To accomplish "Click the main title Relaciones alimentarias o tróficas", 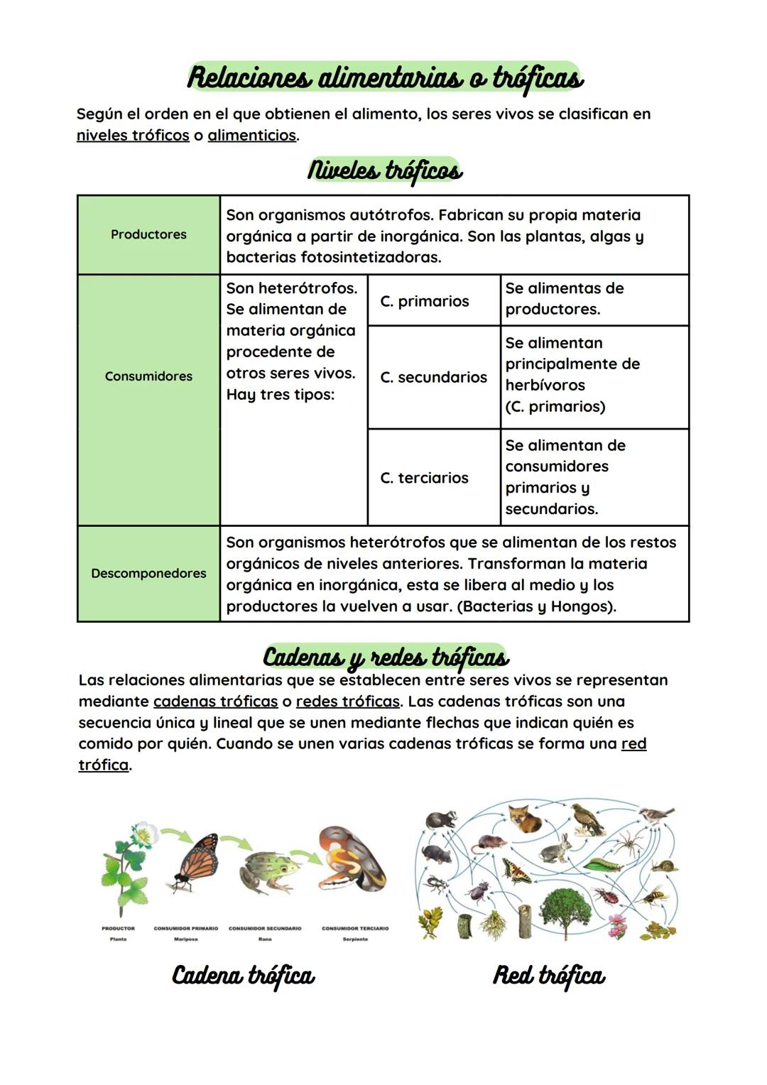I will coord(384,77).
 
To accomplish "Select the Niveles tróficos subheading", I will coord(384,170).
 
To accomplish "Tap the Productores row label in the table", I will coord(148,234).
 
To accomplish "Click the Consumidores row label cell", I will coord(148,376).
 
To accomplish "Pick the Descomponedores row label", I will coord(148,573).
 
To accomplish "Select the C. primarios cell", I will coord(425,301).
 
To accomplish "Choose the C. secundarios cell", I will coord(433,377).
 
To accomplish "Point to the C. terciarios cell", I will coord(424,478).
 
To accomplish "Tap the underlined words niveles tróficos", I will coord(133,135).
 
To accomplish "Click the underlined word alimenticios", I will coord(251,135).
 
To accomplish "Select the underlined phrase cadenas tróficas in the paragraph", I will coord(215,702).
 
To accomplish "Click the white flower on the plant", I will coord(146,833).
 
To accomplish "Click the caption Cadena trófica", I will coord(243,975).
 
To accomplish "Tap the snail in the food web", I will coord(665,866).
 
